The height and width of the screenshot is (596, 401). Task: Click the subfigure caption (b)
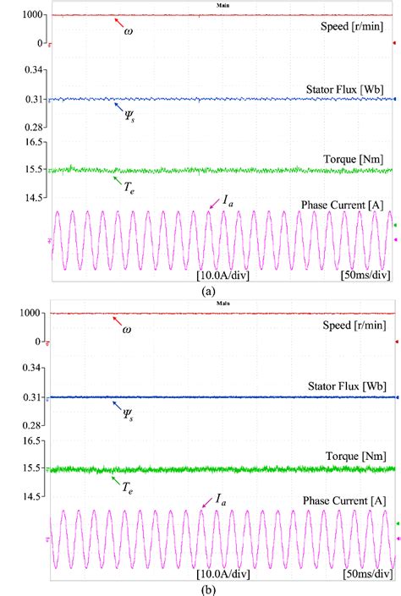coord(206,588)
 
